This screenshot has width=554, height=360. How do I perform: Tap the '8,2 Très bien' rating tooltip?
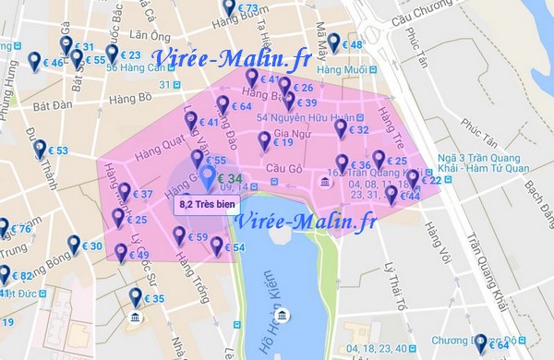204,203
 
